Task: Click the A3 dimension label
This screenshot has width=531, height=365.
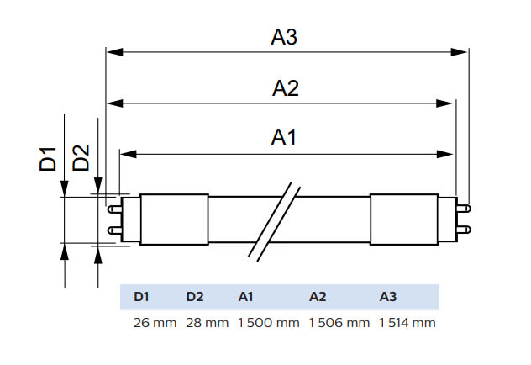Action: tap(285, 37)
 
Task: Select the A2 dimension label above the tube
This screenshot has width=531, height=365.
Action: tap(285, 88)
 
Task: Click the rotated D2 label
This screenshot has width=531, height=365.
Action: tap(81, 158)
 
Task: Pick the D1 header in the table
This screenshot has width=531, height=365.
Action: tap(141, 296)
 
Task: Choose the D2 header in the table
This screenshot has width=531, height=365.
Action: tap(195, 296)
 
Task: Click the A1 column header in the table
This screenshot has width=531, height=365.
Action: tap(246, 296)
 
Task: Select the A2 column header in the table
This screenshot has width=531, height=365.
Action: tap(318, 296)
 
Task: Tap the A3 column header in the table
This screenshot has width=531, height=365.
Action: tap(388, 296)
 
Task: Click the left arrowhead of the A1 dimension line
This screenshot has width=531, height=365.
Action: tap(128, 154)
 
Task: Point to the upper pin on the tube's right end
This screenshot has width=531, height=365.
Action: tap(465, 207)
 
